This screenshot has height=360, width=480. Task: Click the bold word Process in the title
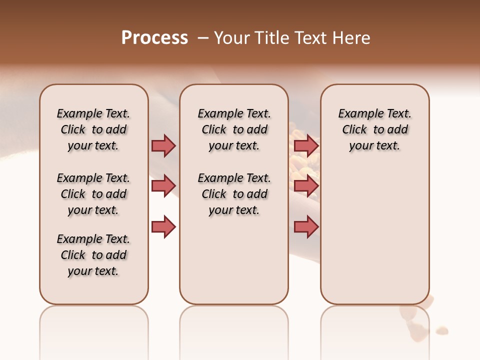[x=154, y=38]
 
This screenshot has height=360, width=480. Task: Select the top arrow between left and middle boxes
[x=163, y=145]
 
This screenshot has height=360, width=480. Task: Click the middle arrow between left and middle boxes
[x=163, y=186]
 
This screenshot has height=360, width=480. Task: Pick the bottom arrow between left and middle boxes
[x=163, y=227]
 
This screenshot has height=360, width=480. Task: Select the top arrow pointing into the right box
[x=306, y=145]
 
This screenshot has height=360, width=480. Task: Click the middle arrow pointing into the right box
[x=306, y=186]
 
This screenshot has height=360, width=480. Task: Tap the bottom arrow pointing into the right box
[x=306, y=227]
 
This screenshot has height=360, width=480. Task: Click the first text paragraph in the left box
[x=93, y=129]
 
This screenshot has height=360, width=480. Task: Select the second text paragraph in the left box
[x=93, y=194]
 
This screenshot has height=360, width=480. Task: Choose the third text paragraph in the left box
[x=93, y=255]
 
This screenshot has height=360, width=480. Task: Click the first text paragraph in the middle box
[x=234, y=129]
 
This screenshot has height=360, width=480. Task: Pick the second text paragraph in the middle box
[x=234, y=194]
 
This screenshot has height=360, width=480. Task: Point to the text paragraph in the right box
[x=374, y=129]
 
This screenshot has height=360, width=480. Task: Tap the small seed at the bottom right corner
[x=441, y=330]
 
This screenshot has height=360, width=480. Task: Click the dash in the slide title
[x=203, y=38]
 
